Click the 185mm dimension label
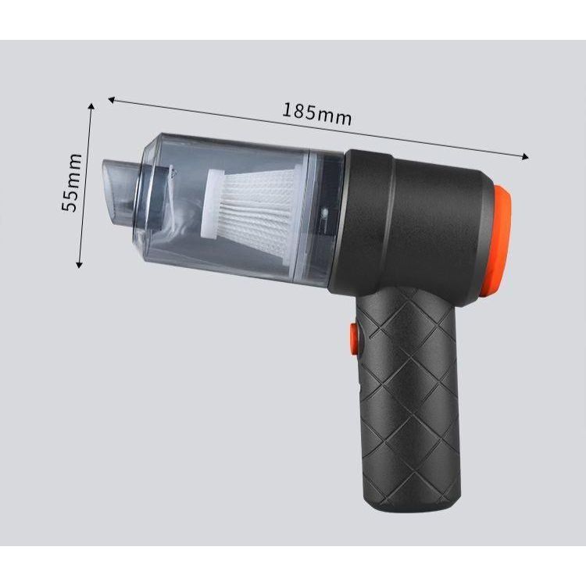click(x=316, y=114)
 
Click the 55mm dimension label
click(x=71, y=182)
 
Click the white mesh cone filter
click(x=252, y=209)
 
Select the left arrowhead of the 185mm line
click(x=111, y=99)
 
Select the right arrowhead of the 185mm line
click(x=526, y=157)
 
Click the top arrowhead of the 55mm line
click(x=91, y=107)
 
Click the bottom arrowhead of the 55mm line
click(x=79, y=264)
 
